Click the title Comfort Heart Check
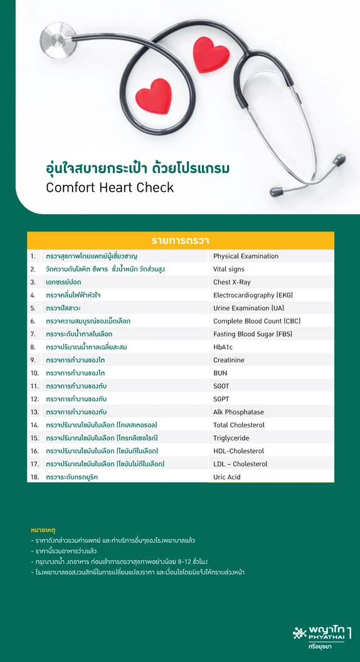tap(110, 187)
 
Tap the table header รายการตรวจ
tap(180, 241)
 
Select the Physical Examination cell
tap(246, 256)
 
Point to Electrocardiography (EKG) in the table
tap(253, 295)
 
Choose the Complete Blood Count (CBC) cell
tap(257, 321)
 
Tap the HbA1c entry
tap(223, 347)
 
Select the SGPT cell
tap(222, 399)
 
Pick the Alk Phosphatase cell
tap(238, 412)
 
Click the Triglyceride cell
tap(231, 438)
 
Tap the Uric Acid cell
tap(227, 477)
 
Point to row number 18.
tap(34, 477)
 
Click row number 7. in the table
tap(33, 334)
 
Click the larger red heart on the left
tap(153, 95)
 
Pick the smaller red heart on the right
tap(211, 55)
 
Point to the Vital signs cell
tap(229, 269)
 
